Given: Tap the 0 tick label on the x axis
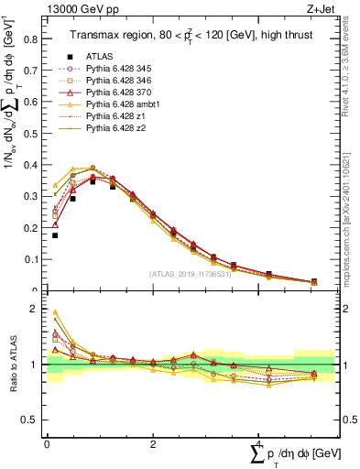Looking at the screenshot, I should (47, 442).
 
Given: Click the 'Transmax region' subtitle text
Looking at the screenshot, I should (103, 36).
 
